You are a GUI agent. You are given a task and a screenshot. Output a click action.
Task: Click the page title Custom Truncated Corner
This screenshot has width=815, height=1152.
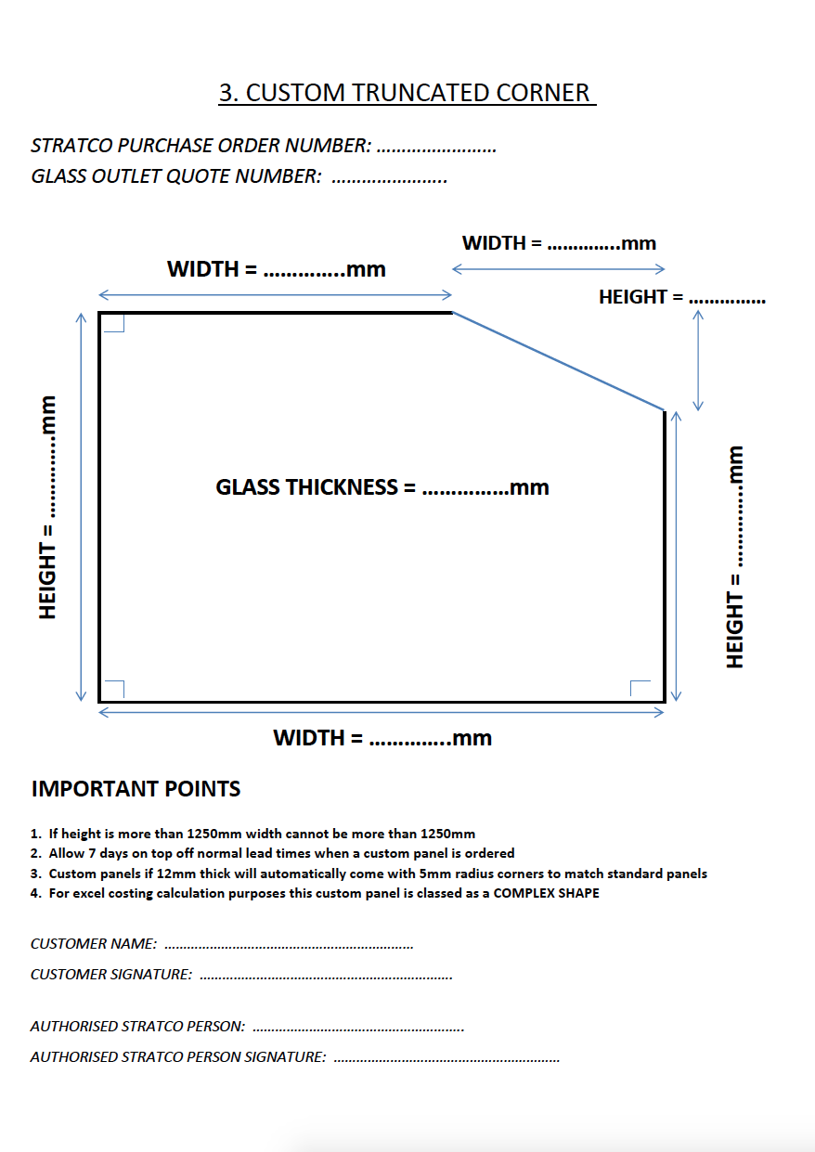tap(406, 93)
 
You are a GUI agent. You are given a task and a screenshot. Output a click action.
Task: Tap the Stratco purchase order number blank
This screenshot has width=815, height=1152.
tap(436, 148)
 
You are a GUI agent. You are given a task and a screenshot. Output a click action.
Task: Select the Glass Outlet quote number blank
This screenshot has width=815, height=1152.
tap(389, 178)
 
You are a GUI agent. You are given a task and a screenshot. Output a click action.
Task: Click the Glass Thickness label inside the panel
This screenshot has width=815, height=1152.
tap(382, 487)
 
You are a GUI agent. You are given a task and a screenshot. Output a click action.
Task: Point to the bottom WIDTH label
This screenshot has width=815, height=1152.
tap(382, 738)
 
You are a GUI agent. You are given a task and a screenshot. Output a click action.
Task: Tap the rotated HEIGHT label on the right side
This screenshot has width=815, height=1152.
tap(736, 556)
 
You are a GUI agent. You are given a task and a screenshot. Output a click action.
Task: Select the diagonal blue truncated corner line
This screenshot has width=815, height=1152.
tap(558, 361)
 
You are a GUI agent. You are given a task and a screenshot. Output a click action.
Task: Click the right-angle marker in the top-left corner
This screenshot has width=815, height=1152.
tap(113, 322)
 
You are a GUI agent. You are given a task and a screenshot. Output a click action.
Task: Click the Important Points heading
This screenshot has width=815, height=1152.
tap(136, 789)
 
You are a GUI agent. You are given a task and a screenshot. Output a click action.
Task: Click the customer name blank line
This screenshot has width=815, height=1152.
tap(288, 946)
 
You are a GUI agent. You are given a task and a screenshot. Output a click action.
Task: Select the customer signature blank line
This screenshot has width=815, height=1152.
tap(325, 977)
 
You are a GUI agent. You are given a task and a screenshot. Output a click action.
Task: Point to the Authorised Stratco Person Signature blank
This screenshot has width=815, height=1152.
tap(446, 1058)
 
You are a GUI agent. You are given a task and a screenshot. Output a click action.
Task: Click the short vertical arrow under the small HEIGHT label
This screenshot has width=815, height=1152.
tap(698, 360)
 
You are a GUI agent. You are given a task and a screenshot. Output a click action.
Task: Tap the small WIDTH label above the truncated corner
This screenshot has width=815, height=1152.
tap(559, 243)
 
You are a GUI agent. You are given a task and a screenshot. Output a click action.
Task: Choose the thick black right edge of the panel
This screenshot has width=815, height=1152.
tap(665, 555)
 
